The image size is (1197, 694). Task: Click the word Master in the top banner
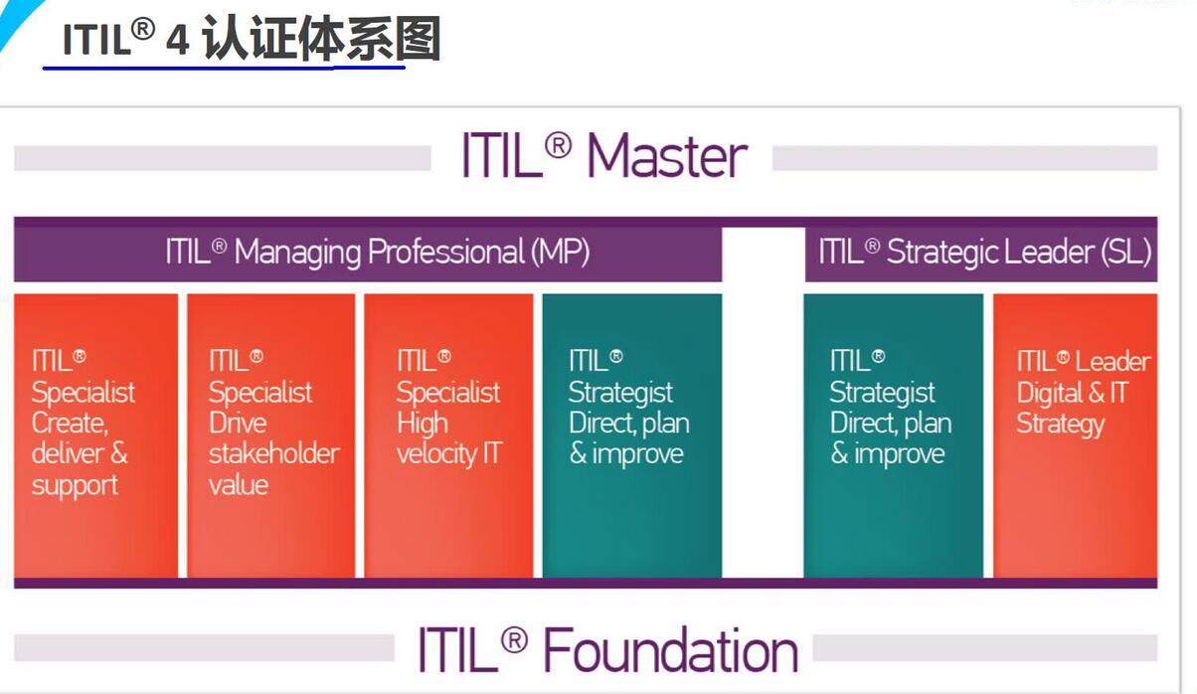click(x=667, y=156)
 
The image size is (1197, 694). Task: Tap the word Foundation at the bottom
click(x=671, y=650)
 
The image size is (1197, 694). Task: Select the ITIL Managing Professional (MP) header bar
click(x=368, y=250)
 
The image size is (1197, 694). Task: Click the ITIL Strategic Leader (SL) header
click(x=981, y=250)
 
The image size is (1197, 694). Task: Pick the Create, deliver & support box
click(x=96, y=435)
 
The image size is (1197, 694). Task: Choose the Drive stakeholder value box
click(x=271, y=435)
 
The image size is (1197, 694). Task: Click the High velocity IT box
click(x=448, y=435)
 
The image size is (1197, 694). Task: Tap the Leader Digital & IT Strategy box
click(x=1075, y=435)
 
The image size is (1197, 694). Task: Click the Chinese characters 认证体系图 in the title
click(x=322, y=39)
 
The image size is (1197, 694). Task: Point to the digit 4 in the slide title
click(x=177, y=41)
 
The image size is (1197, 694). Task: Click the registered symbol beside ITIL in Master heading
click(x=558, y=146)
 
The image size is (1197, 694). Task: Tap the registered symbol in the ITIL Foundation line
click(x=514, y=640)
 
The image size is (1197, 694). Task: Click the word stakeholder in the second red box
click(x=274, y=453)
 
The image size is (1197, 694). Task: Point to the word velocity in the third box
click(x=436, y=454)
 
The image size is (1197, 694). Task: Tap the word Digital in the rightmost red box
click(x=1050, y=394)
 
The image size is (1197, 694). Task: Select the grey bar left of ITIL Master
click(x=223, y=158)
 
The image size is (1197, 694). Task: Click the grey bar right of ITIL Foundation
click(x=985, y=647)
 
